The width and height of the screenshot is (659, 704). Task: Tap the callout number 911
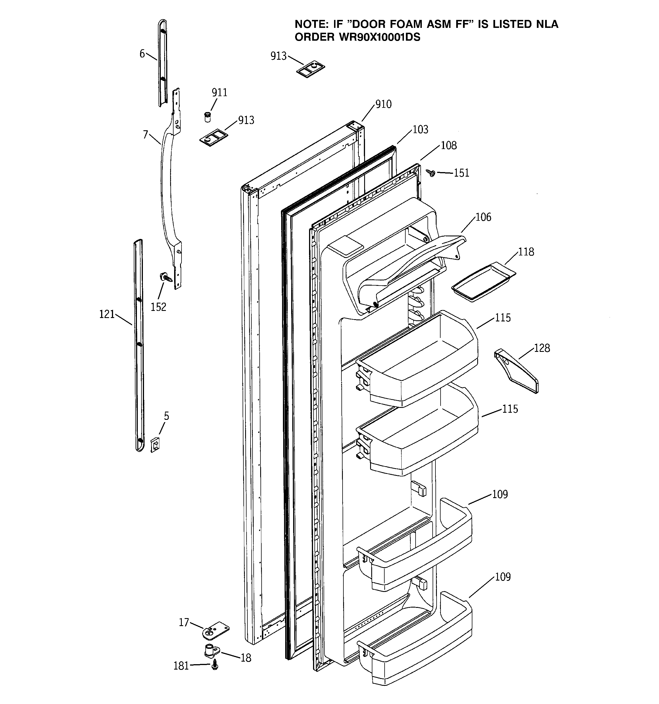219,92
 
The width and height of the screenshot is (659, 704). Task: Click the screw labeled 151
431,173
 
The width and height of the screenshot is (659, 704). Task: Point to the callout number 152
158,307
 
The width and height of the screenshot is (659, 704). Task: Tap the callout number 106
483,217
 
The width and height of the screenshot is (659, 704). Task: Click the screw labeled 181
215,666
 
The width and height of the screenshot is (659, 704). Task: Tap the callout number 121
107,314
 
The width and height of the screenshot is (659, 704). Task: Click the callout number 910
383,104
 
